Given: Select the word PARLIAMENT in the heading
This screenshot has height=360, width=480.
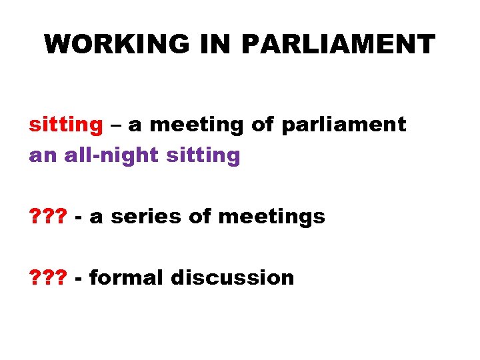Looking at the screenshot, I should pos(338,44).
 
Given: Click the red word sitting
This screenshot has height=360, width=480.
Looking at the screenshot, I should pos(65,125).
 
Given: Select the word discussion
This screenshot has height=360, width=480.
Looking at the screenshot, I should pos(232,277).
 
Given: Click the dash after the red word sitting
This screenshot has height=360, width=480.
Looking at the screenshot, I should pos(115,125).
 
